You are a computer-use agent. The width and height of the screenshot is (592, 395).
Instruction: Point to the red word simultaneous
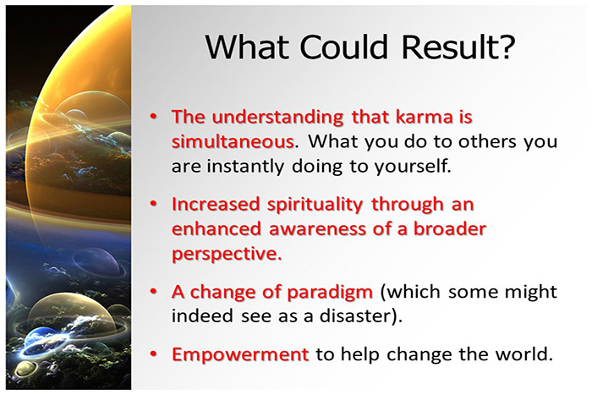point(233,141)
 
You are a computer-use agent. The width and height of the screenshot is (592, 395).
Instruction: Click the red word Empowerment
point(240,355)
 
